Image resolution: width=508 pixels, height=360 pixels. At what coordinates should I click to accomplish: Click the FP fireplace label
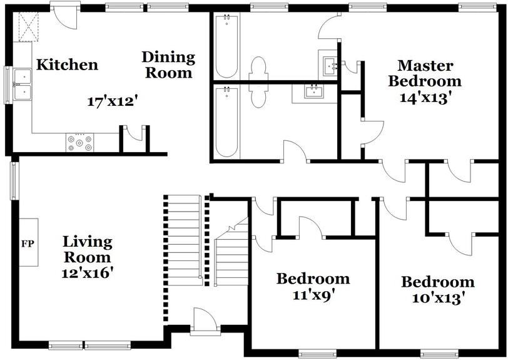[x=28, y=244]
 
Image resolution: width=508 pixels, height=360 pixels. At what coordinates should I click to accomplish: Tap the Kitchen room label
[x=67, y=64]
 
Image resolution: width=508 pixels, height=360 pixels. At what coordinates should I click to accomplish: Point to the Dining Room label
[x=168, y=65]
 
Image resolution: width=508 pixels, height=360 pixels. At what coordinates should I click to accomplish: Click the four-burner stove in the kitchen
[x=79, y=142]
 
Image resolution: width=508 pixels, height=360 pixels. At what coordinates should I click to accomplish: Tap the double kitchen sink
[x=23, y=85]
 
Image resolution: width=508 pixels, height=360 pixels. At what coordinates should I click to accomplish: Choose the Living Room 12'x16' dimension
[x=88, y=273]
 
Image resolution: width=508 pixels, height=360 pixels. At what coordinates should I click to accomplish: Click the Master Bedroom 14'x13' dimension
[x=425, y=97]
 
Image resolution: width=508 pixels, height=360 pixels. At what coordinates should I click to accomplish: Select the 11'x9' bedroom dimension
[x=313, y=296]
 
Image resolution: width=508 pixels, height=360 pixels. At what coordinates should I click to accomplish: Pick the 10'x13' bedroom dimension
[x=439, y=298]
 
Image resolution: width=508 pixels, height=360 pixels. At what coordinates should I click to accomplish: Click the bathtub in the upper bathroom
[x=226, y=46]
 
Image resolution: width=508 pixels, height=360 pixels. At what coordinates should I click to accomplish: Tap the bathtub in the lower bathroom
[x=226, y=121]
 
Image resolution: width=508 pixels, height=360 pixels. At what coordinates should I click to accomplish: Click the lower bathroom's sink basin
[x=313, y=92]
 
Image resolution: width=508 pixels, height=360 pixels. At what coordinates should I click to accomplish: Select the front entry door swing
[x=205, y=319]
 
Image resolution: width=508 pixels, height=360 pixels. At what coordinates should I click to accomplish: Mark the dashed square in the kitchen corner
[x=29, y=26]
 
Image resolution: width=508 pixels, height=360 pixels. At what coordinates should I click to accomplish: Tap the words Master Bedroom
[x=425, y=73]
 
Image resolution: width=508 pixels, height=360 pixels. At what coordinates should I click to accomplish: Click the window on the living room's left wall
[x=14, y=181]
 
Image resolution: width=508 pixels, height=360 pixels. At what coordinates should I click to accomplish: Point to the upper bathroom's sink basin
[x=331, y=66]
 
